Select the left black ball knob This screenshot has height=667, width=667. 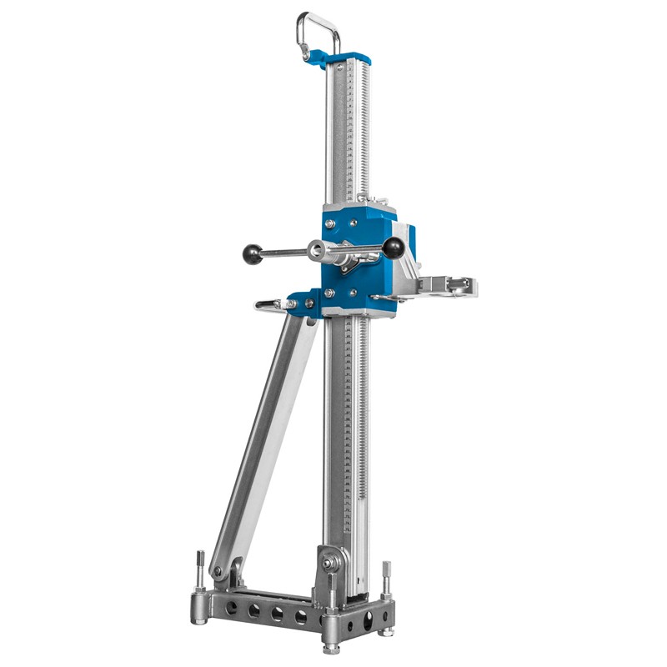[249, 253]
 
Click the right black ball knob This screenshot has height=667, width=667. [392, 247]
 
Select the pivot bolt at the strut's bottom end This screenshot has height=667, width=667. [218, 573]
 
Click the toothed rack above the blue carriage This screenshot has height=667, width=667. [362, 125]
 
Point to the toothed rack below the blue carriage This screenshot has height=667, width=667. [364, 417]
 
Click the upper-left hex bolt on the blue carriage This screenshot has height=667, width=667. [331, 223]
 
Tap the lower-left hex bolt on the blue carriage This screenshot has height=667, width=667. [331, 293]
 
